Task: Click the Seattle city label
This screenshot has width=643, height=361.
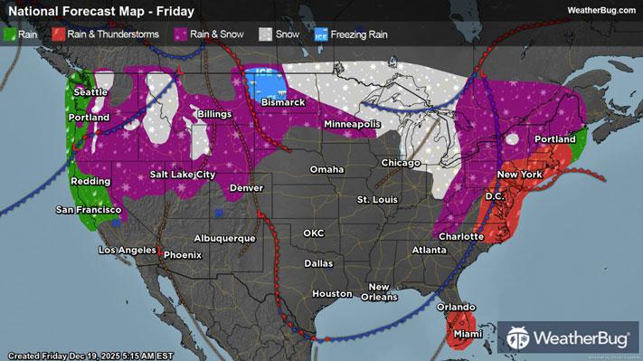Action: [x=90, y=92]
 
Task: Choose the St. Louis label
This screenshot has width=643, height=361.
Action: [x=377, y=198]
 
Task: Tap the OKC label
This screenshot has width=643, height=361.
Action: [x=313, y=233]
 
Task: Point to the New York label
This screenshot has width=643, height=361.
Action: [x=519, y=174]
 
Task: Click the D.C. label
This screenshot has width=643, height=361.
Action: [x=494, y=195]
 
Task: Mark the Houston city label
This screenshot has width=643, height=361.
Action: [x=331, y=293]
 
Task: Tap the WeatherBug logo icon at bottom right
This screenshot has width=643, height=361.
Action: [x=520, y=338]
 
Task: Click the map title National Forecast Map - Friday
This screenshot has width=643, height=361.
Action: [x=79, y=10]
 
